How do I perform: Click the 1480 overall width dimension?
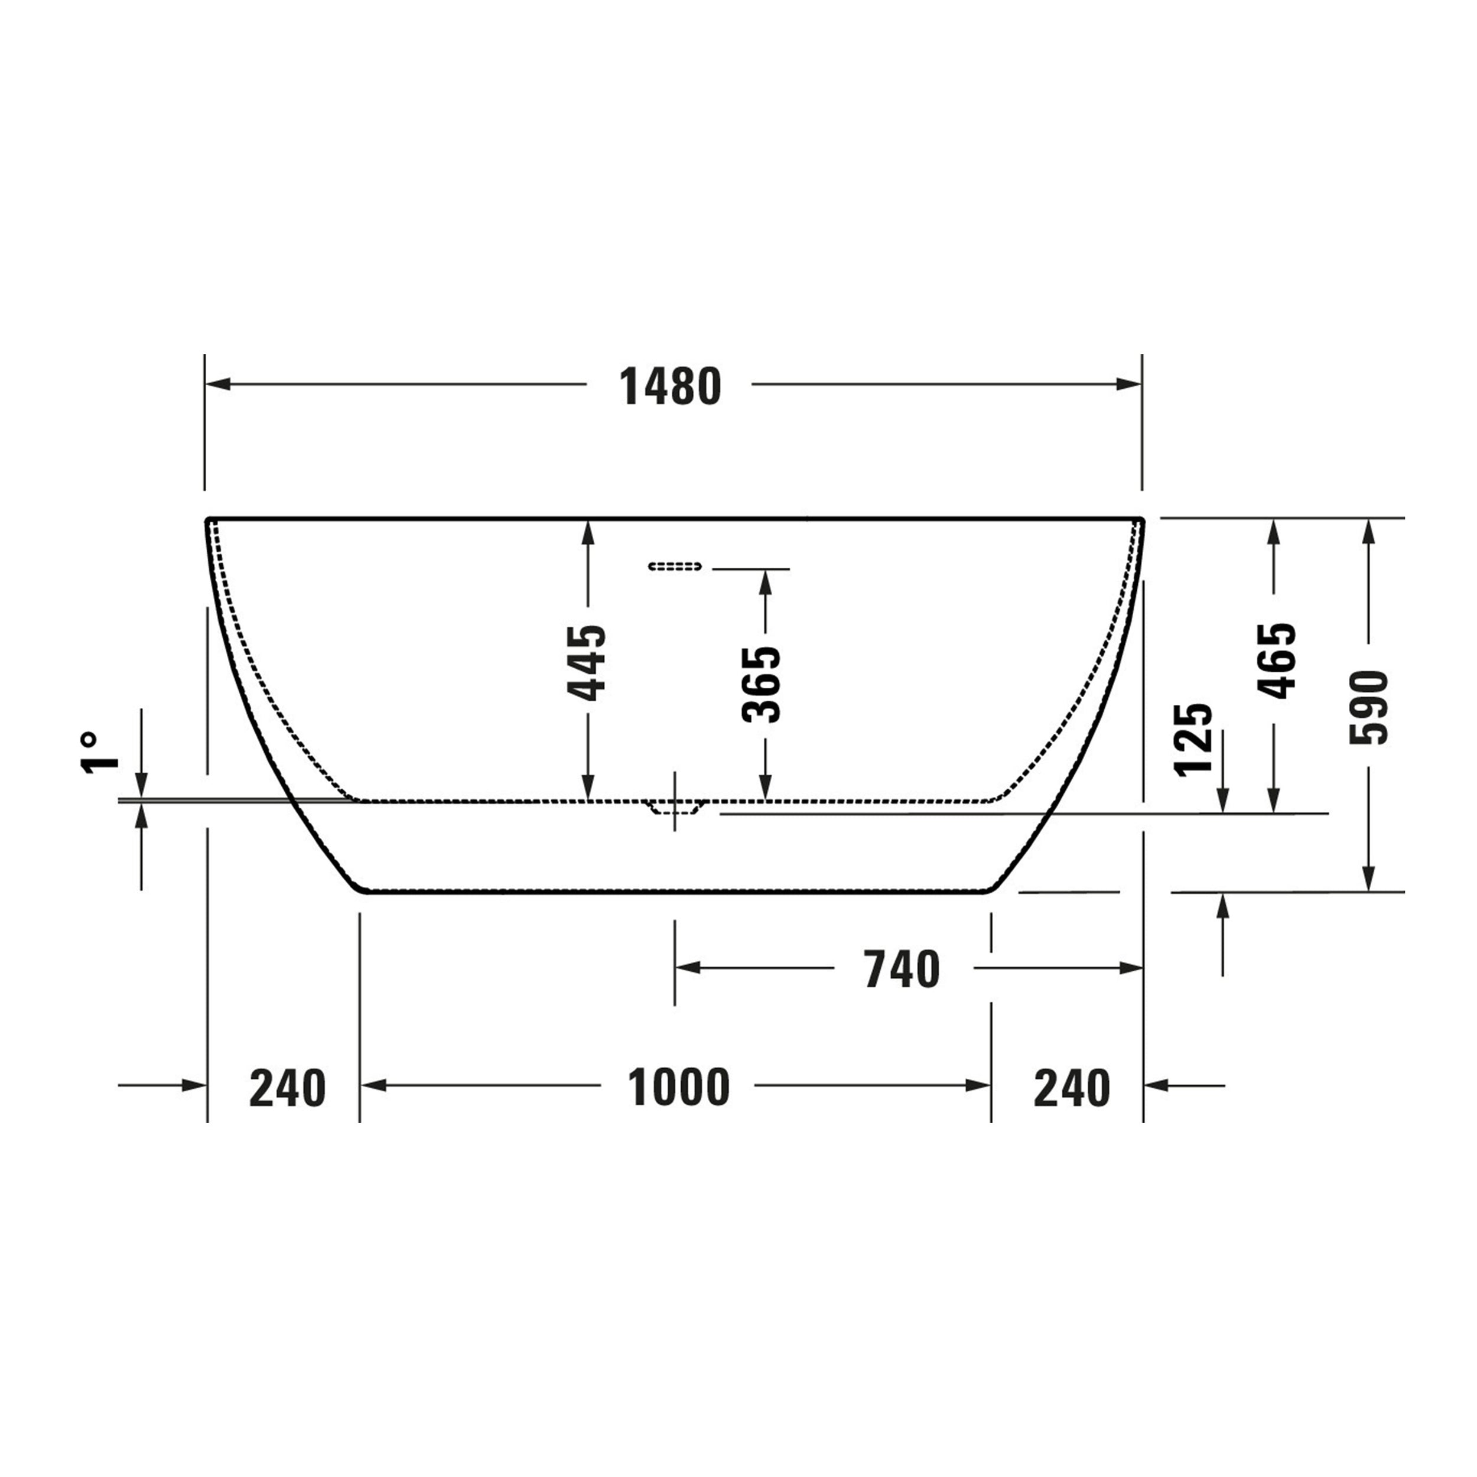[671, 387]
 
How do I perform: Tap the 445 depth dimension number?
[586, 663]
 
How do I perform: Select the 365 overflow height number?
[762, 684]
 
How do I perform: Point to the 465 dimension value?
[1277, 661]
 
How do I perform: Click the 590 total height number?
[1368, 707]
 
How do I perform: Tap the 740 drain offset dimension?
[902, 970]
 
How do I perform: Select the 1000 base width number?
[679, 1087]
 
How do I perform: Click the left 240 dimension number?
[288, 1088]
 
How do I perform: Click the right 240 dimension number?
[1072, 1088]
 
